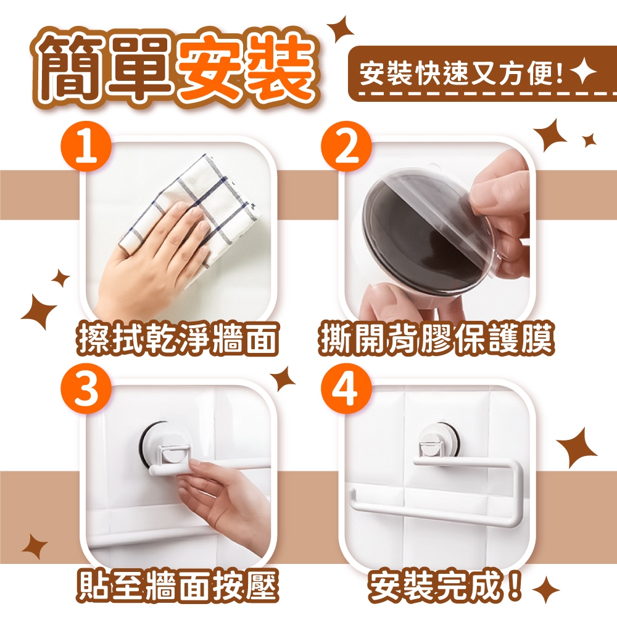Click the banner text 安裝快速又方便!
point(461,73)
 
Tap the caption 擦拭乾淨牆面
point(176,337)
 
